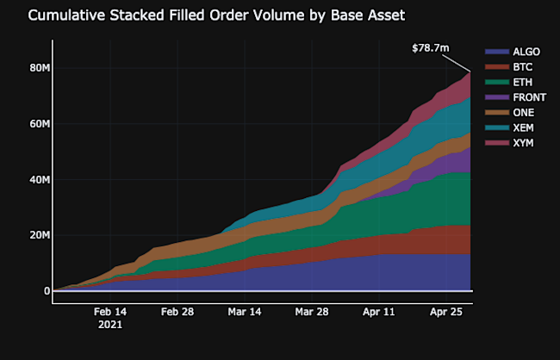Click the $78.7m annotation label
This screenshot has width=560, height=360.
431,47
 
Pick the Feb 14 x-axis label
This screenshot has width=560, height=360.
110,312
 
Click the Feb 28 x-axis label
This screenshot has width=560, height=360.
176,312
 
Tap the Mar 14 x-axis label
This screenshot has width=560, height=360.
243,312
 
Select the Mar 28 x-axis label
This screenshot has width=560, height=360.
310,312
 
